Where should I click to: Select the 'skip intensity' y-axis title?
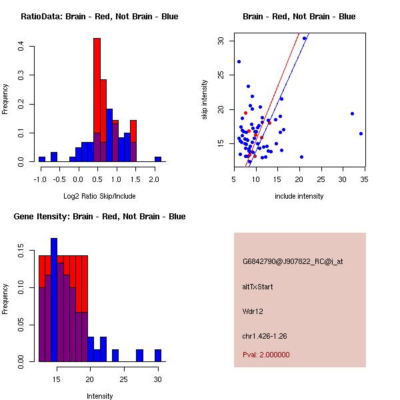coord(205,100)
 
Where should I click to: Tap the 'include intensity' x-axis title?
coord(299,196)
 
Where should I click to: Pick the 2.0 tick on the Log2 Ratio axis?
coord(155,179)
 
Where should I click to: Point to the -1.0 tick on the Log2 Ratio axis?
coord(40,179)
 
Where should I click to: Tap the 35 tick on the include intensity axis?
coord(365,179)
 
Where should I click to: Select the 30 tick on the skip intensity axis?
coord(221,41)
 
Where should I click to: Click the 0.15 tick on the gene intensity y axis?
coord(21,254)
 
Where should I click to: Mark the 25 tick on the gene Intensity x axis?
coord(124,379)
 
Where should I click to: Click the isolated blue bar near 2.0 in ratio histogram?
coord(158,159)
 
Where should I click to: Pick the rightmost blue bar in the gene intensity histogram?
coord(158,355)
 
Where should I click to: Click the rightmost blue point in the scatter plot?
coord(361,133)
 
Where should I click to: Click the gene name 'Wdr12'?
coord(253,311)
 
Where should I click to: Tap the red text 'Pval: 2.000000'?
coord(267,355)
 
